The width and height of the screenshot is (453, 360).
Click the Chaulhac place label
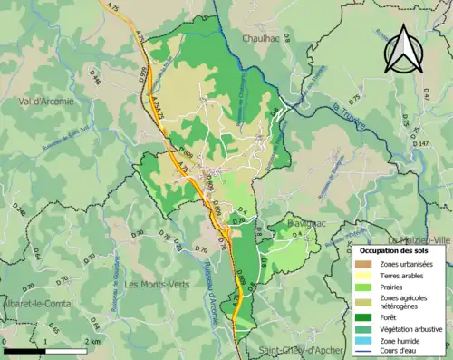tap(265, 38)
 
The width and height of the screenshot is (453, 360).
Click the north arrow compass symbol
tap(403, 49)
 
